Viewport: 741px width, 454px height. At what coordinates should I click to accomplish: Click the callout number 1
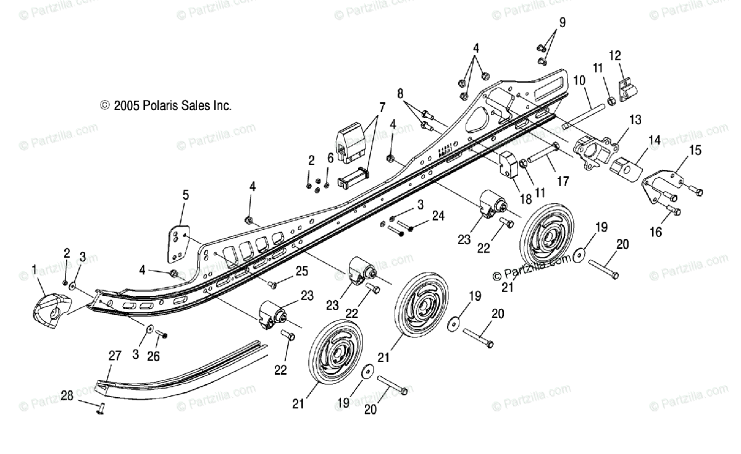[34, 269]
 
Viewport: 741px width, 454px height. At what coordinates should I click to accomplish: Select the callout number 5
[185, 195]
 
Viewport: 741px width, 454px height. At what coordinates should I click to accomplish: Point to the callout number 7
[382, 107]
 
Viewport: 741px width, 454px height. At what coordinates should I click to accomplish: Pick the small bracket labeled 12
[627, 89]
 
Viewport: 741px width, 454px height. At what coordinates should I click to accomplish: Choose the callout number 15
[695, 149]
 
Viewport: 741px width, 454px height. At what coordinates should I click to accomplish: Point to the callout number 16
[656, 232]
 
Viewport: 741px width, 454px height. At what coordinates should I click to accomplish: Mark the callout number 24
[438, 216]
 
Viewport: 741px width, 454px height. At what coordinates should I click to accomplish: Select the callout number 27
[115, 355]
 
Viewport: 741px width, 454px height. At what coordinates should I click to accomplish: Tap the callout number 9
[561, 23]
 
